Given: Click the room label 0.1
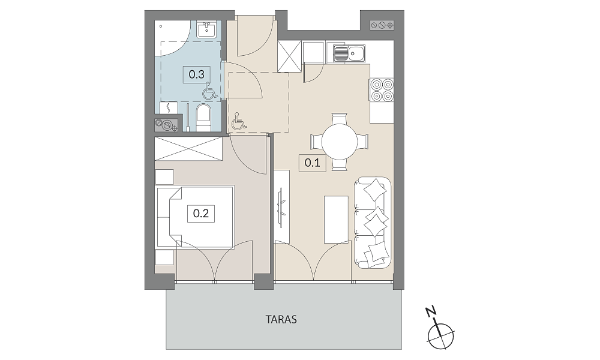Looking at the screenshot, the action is tap(312, 163).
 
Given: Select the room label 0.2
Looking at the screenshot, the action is tap(201, 213).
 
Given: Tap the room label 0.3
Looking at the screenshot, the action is tap(197, 74).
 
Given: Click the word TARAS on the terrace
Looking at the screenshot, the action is tap(281, 319).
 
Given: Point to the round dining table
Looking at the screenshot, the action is tap(340, 142).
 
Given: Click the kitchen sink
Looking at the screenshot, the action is tap(349, 53).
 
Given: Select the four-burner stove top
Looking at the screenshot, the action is tap(382, 90).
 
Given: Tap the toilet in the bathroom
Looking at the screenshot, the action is tap(203, 118).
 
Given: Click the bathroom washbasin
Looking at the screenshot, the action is tap(207, 29).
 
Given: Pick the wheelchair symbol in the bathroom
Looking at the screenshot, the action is tap(209, 91).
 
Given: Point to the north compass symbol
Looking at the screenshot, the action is tap(440, 336).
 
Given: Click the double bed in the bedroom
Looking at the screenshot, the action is tap(195, 217).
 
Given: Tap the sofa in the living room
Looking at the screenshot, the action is tap(373, 223).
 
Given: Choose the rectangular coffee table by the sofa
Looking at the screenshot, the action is tap(336, 220).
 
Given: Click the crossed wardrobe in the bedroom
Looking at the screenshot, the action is tap(188, 148).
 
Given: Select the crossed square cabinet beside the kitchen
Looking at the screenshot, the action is tap(289, 56).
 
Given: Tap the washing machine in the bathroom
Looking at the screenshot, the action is tap(169, 108).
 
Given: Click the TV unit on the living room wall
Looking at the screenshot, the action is tap(282, 206).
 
